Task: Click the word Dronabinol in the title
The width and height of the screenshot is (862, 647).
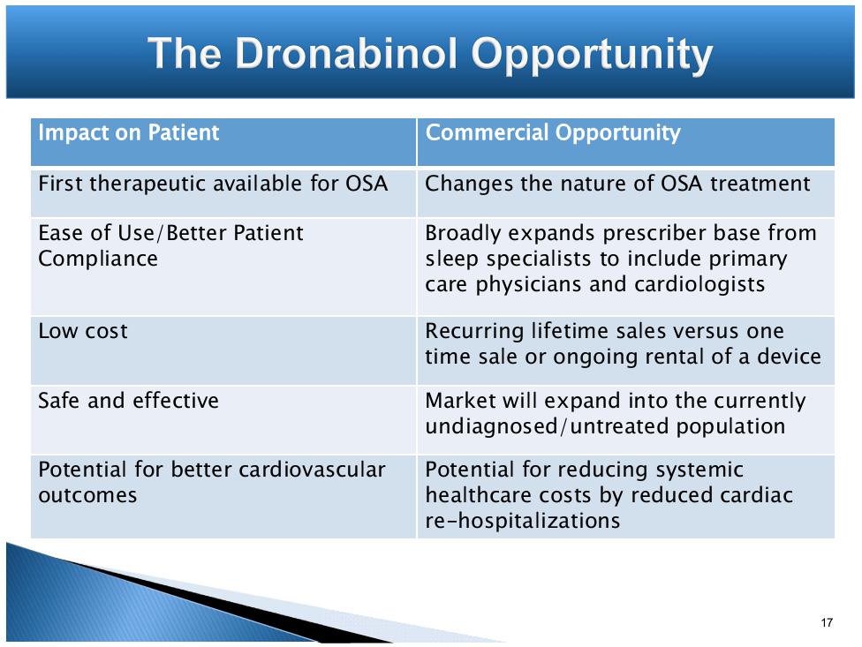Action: (x=346, y=53)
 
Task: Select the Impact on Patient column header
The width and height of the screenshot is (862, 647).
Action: (x=129, y=133)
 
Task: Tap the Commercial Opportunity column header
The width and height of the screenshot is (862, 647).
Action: (x=553, y=133)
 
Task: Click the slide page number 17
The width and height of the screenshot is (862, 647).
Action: (x=827, y=622)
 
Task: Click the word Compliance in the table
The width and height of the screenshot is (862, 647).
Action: (x=98, y=260)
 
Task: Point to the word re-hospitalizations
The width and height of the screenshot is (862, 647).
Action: (x=523, y=521)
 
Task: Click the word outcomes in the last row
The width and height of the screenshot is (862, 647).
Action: (x=87, y=496)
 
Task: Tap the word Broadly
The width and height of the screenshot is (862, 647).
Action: (x=464, y=233)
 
